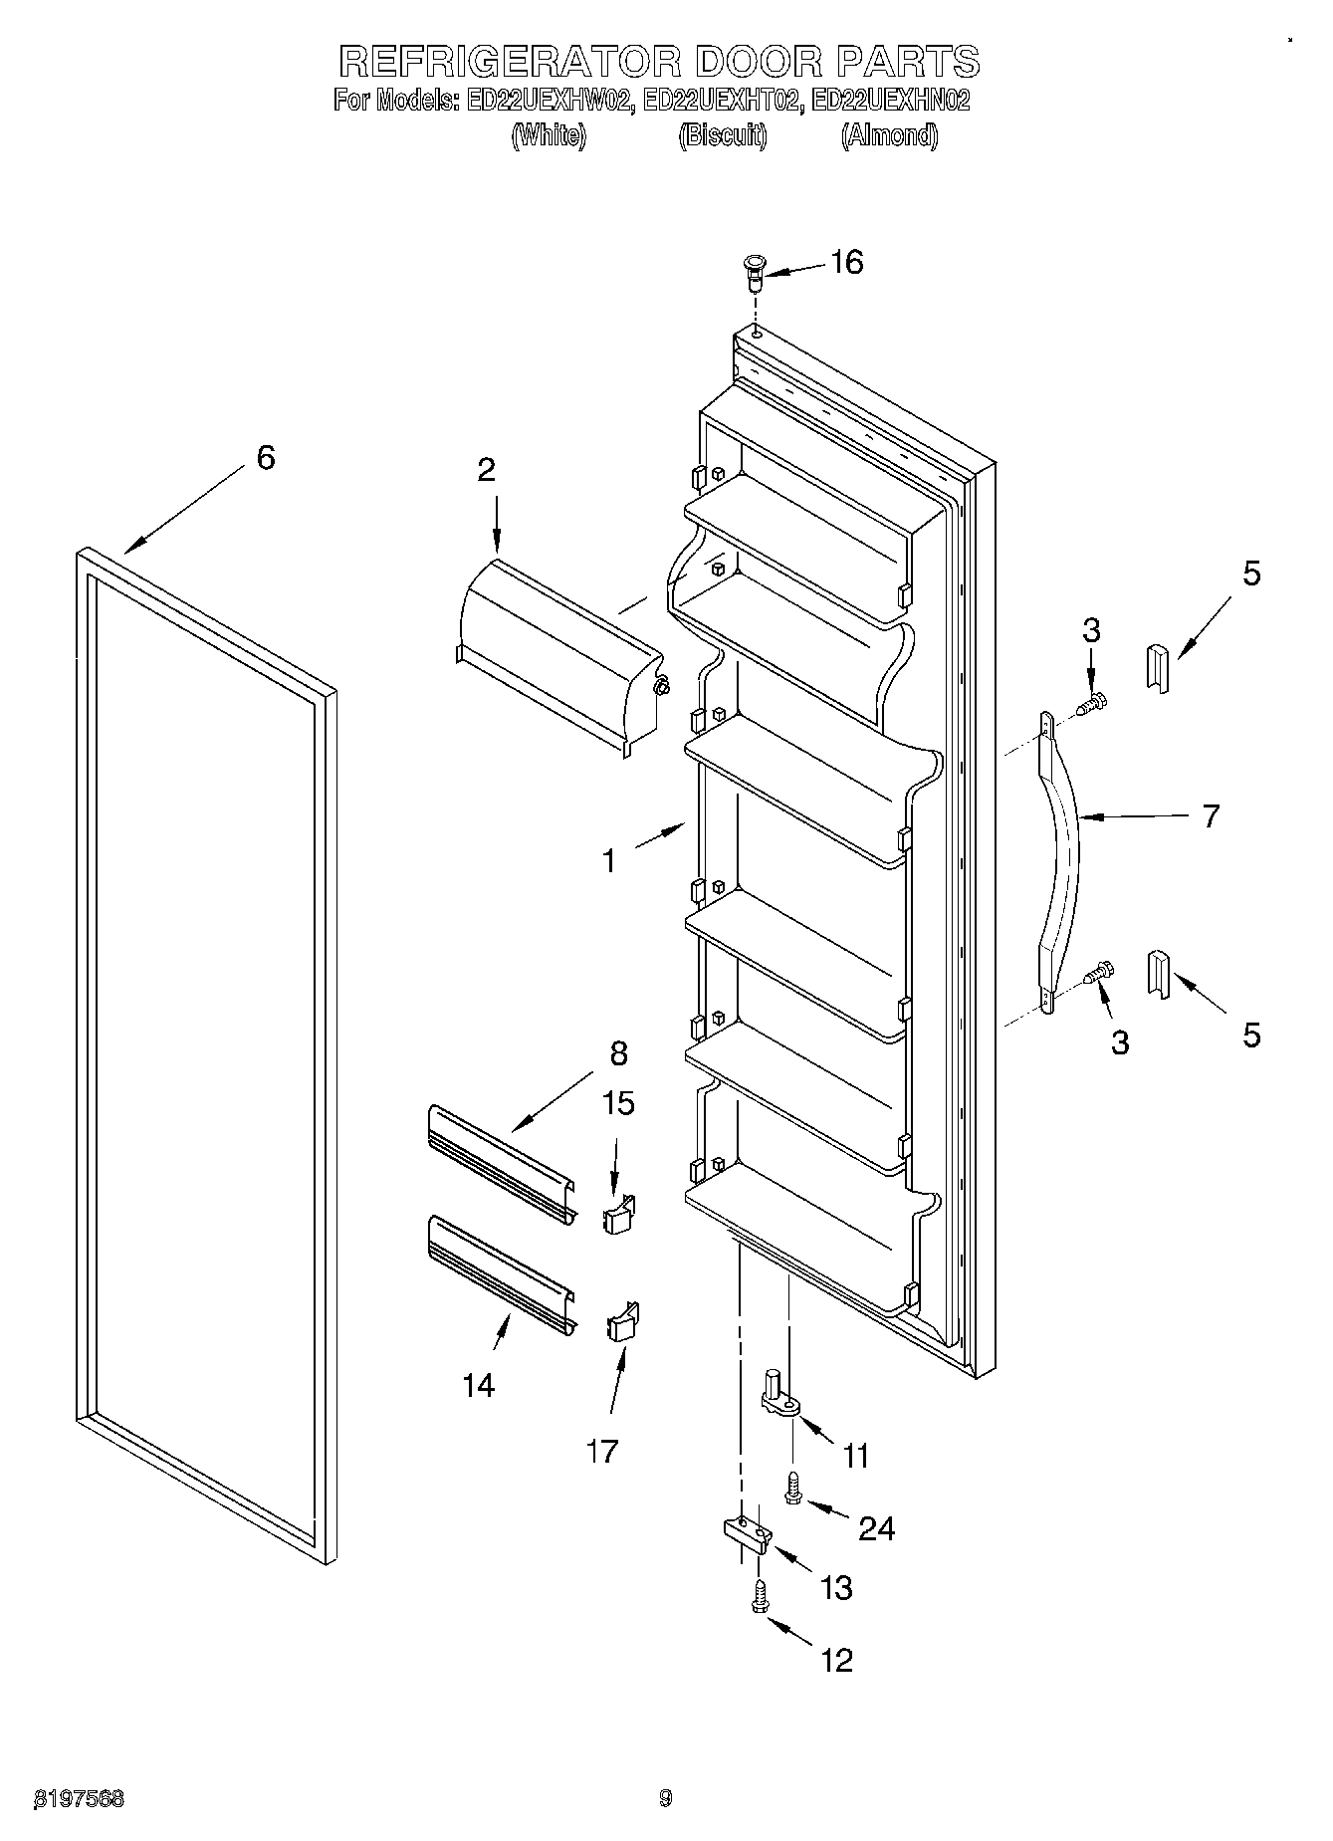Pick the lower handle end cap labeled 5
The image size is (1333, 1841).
pos(1159,974)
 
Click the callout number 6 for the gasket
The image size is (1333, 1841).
pos(265,458)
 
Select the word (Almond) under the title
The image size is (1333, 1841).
pos(889,135)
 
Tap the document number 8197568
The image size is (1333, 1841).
pos(80,1799)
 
